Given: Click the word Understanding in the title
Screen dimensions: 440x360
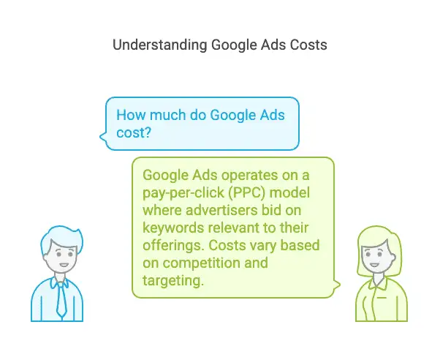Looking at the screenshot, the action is point(159,45).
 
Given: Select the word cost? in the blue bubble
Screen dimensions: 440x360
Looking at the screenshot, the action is point(134,132).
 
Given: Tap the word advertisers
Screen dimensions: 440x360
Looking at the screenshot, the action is point(221,210).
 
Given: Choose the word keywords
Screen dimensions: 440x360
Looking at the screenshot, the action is point(173,228).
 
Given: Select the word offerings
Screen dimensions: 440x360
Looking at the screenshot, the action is point(174,245).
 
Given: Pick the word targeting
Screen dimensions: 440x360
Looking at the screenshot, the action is point(172,280).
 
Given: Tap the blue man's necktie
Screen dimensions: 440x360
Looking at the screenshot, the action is point(61,301).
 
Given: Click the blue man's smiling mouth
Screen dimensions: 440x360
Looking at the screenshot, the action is point(64,265).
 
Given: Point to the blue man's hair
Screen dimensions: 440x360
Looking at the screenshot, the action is point(61,238).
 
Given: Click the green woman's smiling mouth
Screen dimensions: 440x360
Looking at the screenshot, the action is point(374,265).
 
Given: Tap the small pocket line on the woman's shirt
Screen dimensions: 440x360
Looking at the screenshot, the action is point(382,297).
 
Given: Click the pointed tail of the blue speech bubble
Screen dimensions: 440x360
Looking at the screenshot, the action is point(101,137).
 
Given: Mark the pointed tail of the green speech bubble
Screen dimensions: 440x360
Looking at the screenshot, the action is point(339,285).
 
